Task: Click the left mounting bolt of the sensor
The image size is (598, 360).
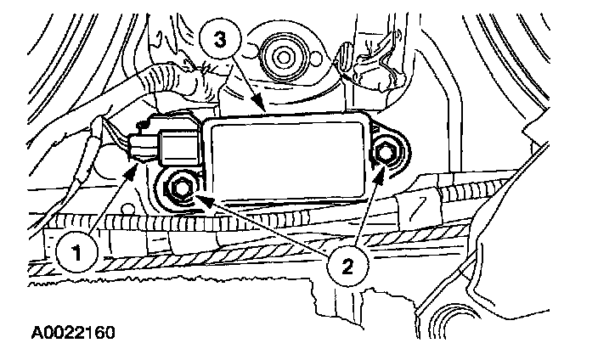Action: (181, 188)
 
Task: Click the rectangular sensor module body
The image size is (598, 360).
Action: (285, 156)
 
